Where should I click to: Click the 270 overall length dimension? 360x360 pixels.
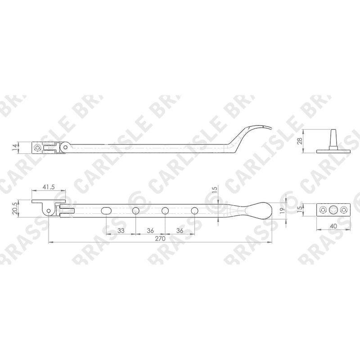(160, 238)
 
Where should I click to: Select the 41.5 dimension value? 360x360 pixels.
(49, 187)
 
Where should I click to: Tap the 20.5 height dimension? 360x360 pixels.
(15, 208)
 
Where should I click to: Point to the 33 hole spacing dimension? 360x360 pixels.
(121, 230)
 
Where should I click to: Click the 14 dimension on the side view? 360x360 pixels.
(14, 147)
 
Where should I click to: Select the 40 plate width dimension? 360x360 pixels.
(333, 226)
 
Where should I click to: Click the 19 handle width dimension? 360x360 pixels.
(283, 209)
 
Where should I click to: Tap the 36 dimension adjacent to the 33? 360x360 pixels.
(150, 230)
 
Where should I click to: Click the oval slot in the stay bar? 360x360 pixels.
(106, 210)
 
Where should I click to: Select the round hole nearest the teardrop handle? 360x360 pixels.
(194, 210)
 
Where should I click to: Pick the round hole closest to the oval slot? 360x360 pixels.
(136, 210)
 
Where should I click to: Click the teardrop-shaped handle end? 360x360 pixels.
(258, 210)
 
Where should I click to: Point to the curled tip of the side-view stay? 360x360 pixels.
(270, 128)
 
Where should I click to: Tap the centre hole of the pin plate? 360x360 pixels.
(333, 210)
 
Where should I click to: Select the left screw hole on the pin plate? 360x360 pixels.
(323, 210)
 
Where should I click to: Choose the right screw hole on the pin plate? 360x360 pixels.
(344, 210)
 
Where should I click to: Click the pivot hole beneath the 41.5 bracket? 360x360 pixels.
(49, 211)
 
